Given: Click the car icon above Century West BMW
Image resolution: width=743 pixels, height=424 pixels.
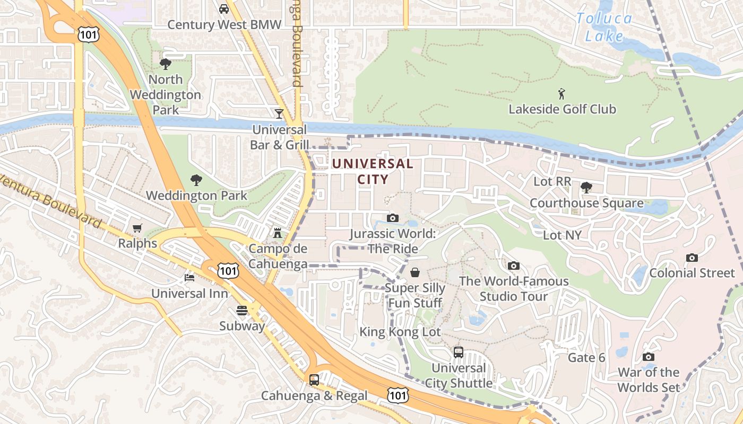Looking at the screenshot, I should tap(224, 9).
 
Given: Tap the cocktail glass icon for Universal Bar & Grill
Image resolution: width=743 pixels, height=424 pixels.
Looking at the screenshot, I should tap(279, 113).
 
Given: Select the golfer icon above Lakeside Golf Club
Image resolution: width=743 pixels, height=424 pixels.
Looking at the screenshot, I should tap(561, 94).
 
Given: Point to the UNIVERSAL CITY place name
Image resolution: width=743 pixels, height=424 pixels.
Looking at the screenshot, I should tap(373, 171).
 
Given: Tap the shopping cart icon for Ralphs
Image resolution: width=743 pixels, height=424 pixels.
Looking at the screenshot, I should tap(137, 228).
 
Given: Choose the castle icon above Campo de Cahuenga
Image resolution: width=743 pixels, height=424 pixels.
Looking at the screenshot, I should tap(277, 233).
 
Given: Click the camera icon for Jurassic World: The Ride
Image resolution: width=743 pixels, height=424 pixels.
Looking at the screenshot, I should tap(393, 218).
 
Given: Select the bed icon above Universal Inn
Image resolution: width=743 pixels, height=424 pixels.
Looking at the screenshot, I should tap(189, 278).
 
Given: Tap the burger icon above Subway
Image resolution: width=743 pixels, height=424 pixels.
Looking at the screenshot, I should tap(242, 310).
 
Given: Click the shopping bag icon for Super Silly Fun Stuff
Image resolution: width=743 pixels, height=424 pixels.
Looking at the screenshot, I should tap(415, 272).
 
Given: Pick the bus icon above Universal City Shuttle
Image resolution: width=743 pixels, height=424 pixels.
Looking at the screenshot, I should tap(459, 352).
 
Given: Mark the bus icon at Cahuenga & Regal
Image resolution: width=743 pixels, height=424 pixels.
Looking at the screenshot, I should tap(314, 379).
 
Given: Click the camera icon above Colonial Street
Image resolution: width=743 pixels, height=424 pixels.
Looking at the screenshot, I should tap(692, 258).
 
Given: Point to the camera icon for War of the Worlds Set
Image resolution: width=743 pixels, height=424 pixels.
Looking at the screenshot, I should tap(648, 357).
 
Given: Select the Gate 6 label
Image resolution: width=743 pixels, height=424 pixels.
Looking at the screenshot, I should tap(586, 358).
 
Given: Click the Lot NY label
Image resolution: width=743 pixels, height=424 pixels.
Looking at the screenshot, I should tap(563, 235).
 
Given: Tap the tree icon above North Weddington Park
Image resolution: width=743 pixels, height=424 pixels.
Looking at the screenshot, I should tap(166, 64).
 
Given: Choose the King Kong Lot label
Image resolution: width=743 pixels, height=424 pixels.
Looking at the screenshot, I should tap(400, 332).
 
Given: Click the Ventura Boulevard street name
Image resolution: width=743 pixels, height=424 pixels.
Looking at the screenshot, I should tap(50, 200).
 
